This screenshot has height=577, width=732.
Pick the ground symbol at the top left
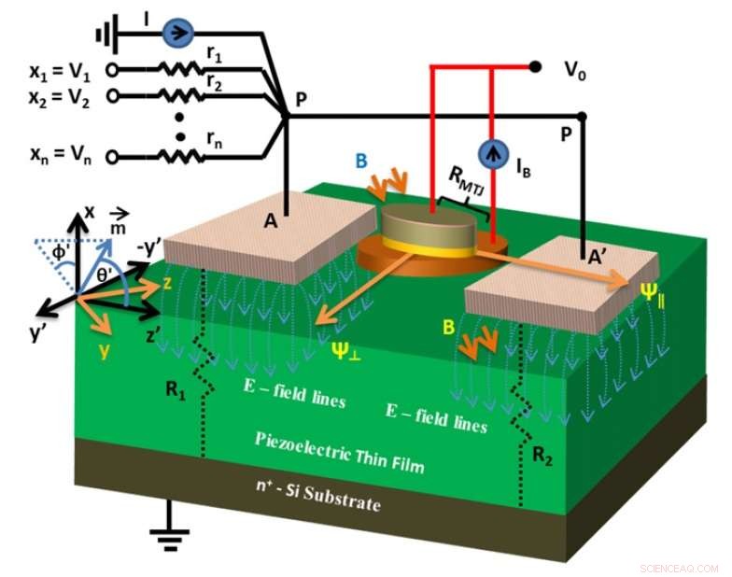click(x=104, y=35)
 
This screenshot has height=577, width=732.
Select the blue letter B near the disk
click(x=360, y=160)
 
